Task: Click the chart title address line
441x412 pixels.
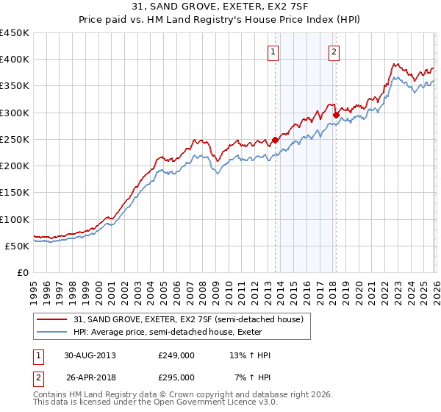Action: (220, 7)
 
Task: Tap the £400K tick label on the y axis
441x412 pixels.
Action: (15, 60)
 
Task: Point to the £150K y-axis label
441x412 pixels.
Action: (15, 193)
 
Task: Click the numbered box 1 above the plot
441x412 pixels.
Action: (273, 51)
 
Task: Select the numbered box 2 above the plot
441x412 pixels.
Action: (334, 51)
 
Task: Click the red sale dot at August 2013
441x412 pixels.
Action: (276, 140)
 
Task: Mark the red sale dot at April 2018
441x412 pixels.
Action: (336, 115)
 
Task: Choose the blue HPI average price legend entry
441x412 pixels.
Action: (162, 332)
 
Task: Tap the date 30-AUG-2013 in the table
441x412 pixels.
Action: (90, 355)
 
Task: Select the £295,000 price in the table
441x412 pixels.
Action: (176, 377)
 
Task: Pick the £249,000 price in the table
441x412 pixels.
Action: (176, 355)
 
